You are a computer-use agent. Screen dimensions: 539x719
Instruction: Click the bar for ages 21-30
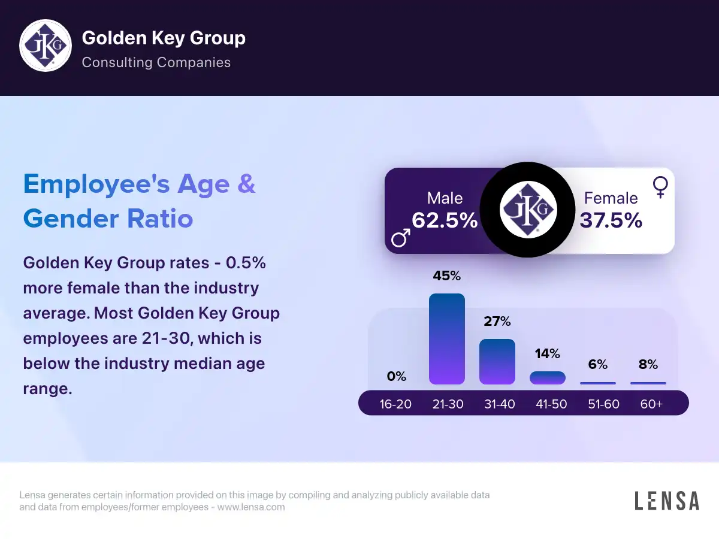(447, 339)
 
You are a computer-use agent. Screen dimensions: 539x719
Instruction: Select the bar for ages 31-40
(497, 362)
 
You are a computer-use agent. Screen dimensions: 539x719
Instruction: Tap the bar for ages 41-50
(548, 378)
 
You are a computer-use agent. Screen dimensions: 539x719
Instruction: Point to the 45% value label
(447, 276)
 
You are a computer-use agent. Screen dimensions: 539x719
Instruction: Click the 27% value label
(497, 322)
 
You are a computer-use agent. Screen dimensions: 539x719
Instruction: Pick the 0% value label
(397, 377)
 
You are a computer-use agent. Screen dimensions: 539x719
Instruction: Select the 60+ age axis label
(651, 404)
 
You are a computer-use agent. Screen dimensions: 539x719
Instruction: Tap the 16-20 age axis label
(395, 404)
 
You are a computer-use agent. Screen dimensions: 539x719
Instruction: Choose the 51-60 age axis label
(603, 404)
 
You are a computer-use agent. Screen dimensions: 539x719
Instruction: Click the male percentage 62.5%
(445, 220)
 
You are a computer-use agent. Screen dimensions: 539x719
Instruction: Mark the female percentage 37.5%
(611, 220)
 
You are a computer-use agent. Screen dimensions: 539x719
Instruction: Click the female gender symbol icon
(660, 187)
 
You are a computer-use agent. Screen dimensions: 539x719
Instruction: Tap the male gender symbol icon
(401, 238)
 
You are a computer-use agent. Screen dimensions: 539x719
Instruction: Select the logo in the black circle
(528, 210)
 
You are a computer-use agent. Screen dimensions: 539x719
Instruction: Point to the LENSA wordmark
(667, 501)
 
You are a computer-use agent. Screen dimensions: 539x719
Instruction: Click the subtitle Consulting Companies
(156, 62)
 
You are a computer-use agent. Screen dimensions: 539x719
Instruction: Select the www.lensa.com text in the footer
(251, 507)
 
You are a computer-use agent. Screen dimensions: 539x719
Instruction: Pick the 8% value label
(648, 364)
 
